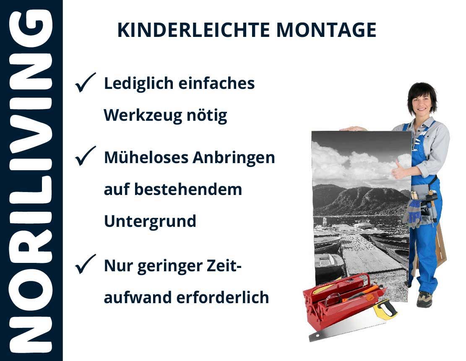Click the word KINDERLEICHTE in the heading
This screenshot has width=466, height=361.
(x=193, y=30)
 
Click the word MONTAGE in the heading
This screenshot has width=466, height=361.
(x=326, y=30)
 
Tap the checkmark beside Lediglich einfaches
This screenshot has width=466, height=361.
(x=85, y=82)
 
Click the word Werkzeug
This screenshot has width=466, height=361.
(x=143, y=116)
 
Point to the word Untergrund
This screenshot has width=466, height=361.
(x=150, y=221)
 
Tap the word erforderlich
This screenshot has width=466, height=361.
(x=223, y=297)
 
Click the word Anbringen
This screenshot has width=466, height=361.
(x=234, y=158)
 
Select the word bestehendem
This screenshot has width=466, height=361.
(x=188, y=189)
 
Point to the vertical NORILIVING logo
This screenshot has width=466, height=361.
(x=31, y=181)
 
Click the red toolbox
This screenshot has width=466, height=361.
(x=342, y=301)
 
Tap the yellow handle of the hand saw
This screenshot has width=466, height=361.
(x=385, y=309)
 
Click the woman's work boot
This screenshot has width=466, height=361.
(x=425, y=299)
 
